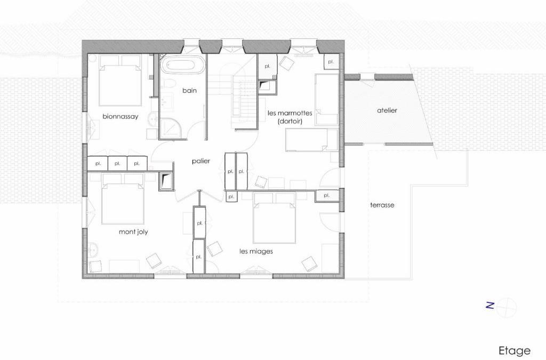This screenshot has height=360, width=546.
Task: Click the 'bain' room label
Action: [189, 91]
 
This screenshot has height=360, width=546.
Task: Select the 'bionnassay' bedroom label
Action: [120, 117]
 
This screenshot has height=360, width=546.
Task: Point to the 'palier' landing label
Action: [201, 161]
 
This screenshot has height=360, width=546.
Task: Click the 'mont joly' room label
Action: [133, 232]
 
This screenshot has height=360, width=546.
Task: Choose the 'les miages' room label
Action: [256, 251]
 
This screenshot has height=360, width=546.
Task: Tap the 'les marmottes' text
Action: [290, 113]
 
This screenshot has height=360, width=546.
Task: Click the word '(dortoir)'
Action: [290, 122]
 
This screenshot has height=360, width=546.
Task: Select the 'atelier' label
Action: [387, 110]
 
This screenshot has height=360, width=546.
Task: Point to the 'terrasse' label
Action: [382, 205]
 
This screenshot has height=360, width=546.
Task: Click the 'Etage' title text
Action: [515, 351]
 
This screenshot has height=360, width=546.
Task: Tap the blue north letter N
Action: [490, 306]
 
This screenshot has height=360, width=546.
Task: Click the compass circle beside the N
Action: [507, 307]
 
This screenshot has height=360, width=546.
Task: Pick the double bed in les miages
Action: [275, 218]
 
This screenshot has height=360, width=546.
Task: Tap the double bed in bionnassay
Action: [120, 80]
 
